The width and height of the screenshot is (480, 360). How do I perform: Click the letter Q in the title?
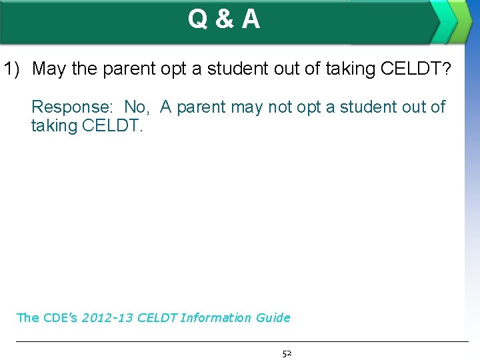click(x=198, y=20)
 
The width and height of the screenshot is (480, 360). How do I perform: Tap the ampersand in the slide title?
click(x=225, y=20)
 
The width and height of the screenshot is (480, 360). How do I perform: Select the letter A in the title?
click(x=251, y=20)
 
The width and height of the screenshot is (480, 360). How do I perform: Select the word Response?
click(x=73, y=107)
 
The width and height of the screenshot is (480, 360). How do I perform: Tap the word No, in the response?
click(x=137, y=107)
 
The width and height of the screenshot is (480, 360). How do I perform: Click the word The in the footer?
click(x=27, y=318)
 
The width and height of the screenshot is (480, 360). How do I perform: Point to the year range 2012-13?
click(x=107, y=318)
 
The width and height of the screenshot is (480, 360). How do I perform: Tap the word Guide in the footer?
click(x=273, y=318)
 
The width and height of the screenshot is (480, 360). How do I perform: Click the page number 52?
click(x=287, y=353)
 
